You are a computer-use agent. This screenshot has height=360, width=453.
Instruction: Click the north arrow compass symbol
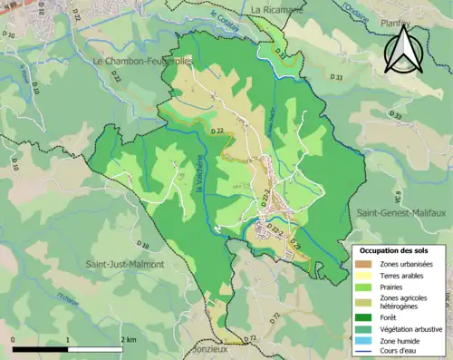403,47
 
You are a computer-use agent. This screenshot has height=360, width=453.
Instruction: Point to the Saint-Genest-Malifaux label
396,211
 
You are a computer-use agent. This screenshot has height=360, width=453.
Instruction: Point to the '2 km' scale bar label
129,339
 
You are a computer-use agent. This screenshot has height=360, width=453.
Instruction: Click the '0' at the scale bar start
14,339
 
